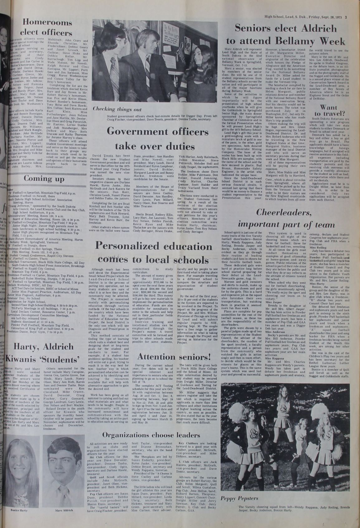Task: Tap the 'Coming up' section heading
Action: point(44,179)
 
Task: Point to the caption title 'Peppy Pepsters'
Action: point(235,498)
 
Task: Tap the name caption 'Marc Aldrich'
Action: point(64,511)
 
